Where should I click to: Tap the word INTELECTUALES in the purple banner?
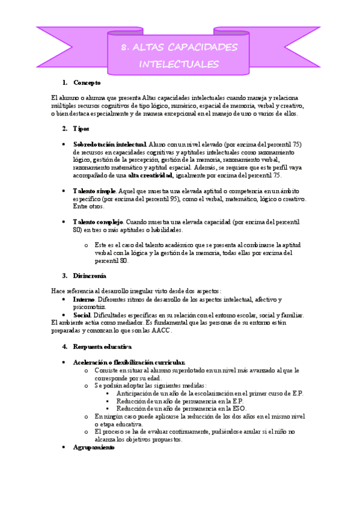(178, 64)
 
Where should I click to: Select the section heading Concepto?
(87, 82)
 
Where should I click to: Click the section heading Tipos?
(81, 129)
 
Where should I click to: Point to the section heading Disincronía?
(90, 276)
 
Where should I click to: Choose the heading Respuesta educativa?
(102, 347)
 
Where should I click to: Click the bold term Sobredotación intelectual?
(109, 145)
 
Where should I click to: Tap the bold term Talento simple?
(94, 191)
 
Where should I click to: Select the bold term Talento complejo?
(98, 222)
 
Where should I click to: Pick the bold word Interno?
(84, 300)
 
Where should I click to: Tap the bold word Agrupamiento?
(94, 448)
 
